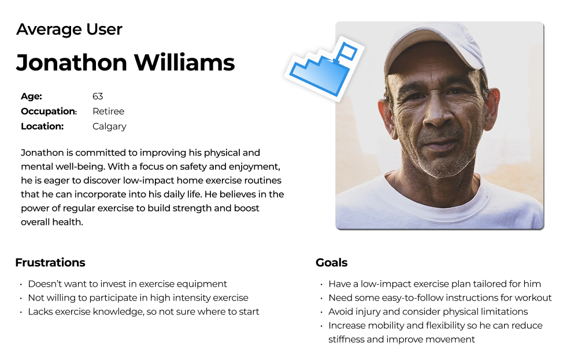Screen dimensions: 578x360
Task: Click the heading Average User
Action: (x=69, y=29)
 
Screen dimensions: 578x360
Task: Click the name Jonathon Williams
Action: (x=125, y=62)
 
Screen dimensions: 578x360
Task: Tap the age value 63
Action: (x=98, y=96)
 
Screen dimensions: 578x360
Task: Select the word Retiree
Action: (x=109, y=112)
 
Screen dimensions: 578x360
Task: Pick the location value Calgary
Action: (x=109, y=127)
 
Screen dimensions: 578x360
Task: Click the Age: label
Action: (x=31, y=96)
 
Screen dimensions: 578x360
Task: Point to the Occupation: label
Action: (x=49, y=112)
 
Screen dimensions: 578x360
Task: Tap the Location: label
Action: (x=42, y=127)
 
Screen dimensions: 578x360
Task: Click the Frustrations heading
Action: (x=50, y=262)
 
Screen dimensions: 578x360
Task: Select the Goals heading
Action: (x=331, y=262)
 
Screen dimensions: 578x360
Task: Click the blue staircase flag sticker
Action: (x=324, y=69)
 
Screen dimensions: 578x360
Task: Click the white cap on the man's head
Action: (x=436, y=46)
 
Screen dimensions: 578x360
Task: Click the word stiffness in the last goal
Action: (x=346, y=339)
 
